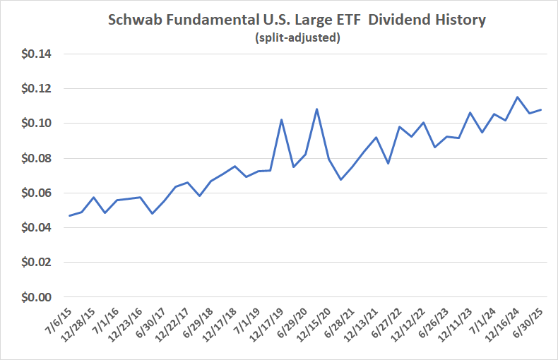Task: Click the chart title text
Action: tap(297, 20)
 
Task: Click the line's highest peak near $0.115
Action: tap(518, 97)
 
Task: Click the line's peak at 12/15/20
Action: tap(316, 109)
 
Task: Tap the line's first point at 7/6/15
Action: tap(69, 215)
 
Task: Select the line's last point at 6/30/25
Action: tap(541, 109)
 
